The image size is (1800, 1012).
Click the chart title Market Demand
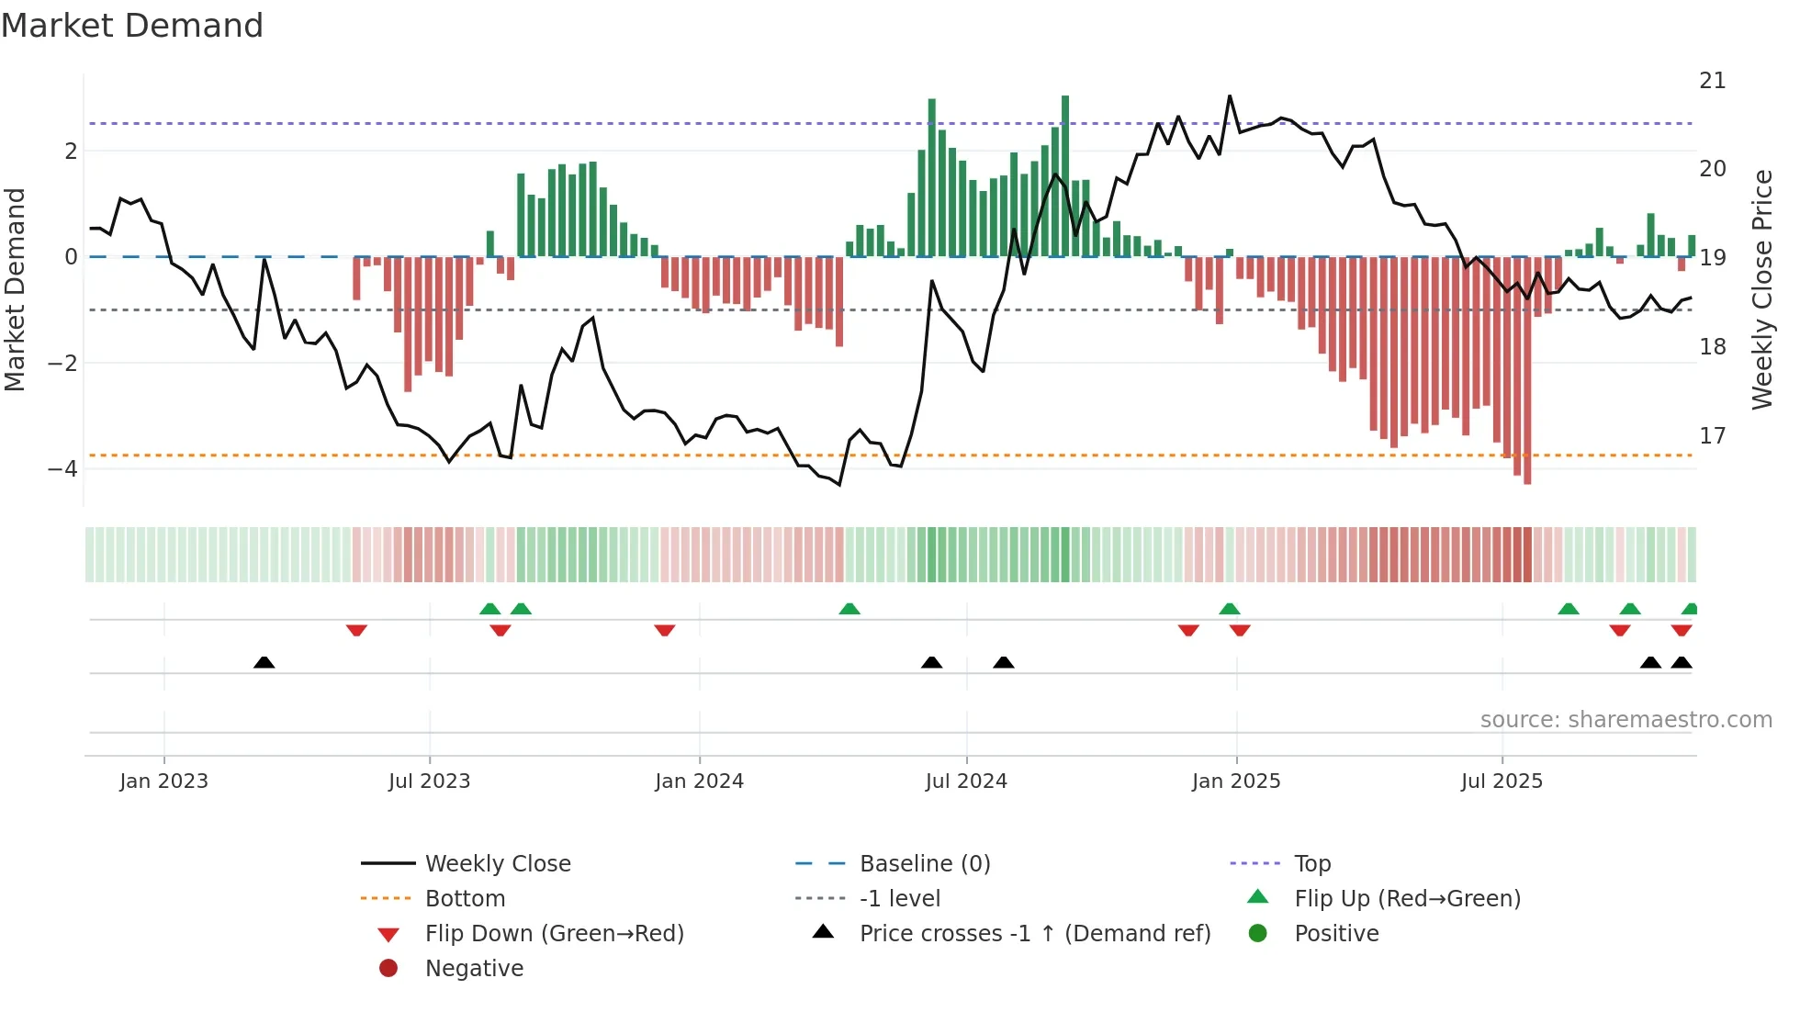(132, 26)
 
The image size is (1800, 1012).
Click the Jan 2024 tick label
(699, 781)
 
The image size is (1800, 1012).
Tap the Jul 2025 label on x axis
(1502, 781)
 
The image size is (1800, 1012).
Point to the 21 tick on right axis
(1712, 81)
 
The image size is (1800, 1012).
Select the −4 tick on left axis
(62, 469)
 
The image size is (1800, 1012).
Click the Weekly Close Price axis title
(1761, 289)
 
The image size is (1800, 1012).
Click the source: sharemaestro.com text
(1626, 720)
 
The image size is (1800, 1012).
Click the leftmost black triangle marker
(264, 662)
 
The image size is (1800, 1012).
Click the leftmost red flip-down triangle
(356, 630)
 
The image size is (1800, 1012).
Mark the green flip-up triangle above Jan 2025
(1230, 609)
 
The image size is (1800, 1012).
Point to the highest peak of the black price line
(1230, 96)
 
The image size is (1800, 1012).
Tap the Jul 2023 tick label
(429, 781)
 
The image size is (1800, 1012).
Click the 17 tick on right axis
(1712, 435)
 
